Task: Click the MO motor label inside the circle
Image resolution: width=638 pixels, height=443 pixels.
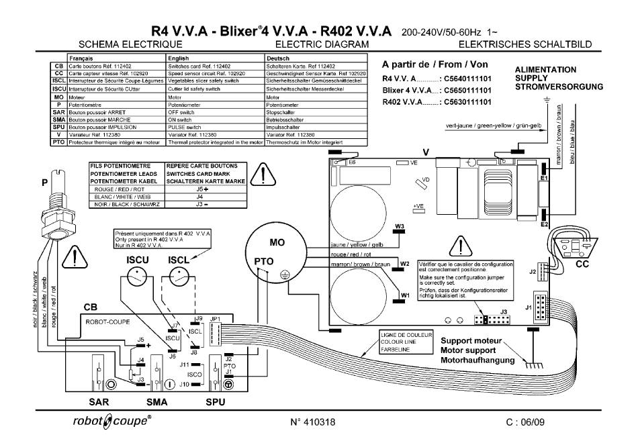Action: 277,242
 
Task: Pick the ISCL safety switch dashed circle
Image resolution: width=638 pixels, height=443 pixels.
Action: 178,276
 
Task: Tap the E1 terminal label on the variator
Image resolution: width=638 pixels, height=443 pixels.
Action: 545,178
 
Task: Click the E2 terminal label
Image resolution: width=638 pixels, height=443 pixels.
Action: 545,224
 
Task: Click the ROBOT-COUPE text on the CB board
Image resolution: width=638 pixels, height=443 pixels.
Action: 109,322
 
